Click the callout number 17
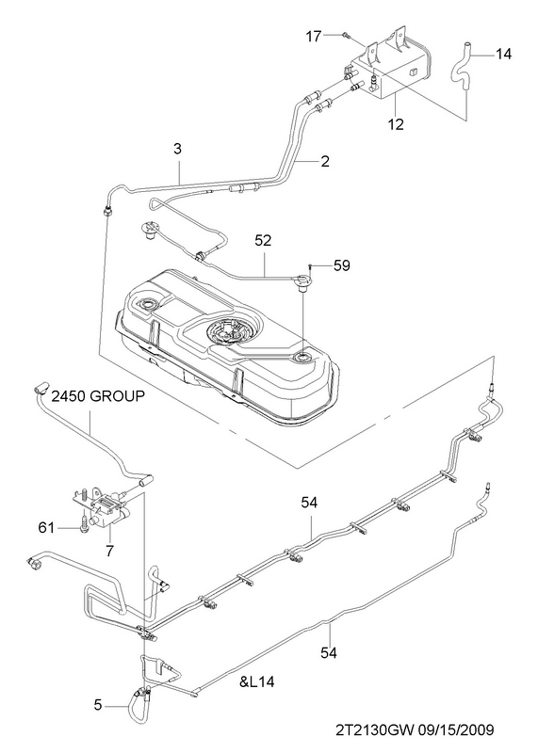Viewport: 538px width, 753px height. [x=313, y=36]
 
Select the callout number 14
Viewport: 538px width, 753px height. [x=503, y=54]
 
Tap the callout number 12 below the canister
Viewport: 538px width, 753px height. [x=396, y=124]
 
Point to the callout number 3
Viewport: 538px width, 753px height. [x=178, y=149]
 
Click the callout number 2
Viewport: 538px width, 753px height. [x=325, y=161]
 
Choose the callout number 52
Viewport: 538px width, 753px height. [x=263, y=240]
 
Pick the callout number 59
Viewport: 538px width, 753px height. [x=342, y=265]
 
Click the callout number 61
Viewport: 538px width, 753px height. [x=46, y=528]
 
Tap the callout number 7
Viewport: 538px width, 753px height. [x=109, y=551]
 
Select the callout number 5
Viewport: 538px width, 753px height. [x=98, y=705]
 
